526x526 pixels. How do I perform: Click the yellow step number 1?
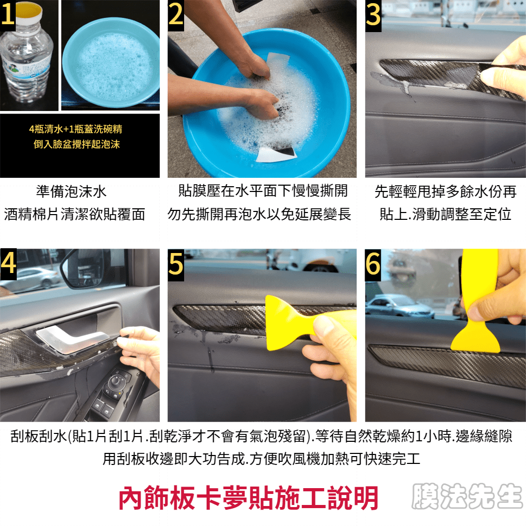click(x=7, y=14)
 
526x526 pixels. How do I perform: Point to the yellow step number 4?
click(x=8, y=264)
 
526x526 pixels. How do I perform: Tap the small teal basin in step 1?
click(x=110, y=62)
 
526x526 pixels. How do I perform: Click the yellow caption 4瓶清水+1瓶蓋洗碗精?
click(x=76, y=129)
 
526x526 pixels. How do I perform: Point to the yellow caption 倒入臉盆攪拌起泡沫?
click(x=76, y=144)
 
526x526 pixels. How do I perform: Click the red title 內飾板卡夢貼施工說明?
click(x=249, y=498)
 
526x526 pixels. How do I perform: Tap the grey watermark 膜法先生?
click(x=467, y=496)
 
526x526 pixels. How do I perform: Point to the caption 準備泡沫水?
click(x=71, y=191)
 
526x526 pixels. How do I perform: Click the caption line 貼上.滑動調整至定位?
click(x=445, y=214)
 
